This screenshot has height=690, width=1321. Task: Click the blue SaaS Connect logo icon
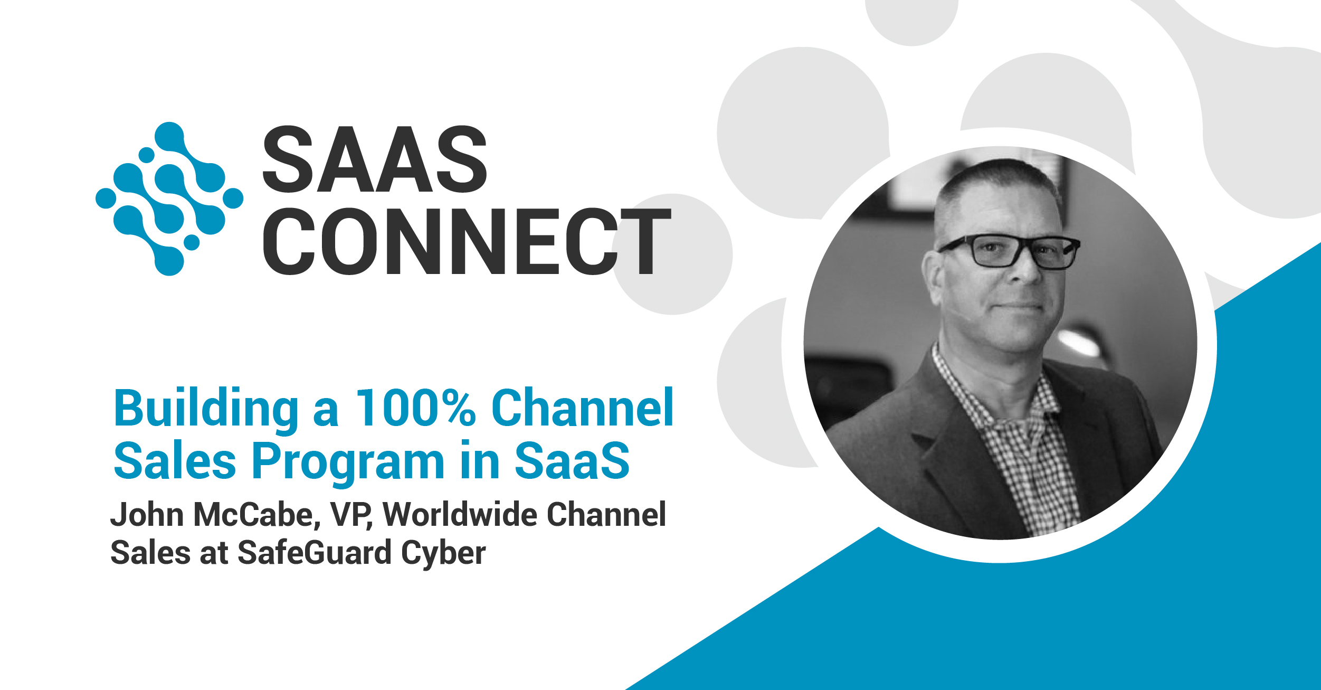[169, 199]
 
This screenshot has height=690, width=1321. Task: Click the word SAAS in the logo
[375, 159]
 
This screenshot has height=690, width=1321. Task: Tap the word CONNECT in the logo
[467, 241]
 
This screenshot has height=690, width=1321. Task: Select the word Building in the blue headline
[206, 409]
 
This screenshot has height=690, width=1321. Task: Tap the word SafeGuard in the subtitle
[314, 553]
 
